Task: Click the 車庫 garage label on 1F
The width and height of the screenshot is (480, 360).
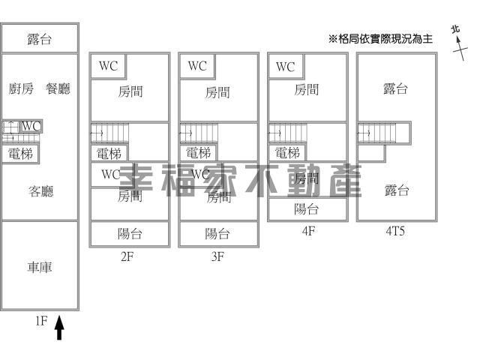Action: (40, 268)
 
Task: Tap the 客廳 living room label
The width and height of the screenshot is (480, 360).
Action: (40, 192)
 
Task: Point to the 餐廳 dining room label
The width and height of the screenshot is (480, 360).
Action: (58, 88)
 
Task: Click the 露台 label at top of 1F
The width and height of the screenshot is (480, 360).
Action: (39, 39)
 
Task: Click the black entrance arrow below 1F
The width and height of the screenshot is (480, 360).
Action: (60, 328)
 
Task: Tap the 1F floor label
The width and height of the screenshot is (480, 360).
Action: (41, 321)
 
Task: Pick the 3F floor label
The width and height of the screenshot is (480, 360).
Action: (217, 256)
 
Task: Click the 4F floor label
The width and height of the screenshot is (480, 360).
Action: (307, 231)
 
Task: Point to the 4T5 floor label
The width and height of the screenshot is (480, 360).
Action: (395, 231)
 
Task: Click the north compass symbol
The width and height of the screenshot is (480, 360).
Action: (457, 41)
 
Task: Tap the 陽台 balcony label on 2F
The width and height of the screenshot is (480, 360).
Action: (130, 233)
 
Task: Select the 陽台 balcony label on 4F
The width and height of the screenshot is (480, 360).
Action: (307, 209)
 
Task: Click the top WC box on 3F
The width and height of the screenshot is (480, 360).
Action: (197, 66)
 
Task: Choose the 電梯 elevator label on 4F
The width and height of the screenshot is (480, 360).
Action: (287, 153)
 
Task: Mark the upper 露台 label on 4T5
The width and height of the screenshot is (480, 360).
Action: (395, 89)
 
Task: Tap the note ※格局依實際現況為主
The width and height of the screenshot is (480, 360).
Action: (380, 39)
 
